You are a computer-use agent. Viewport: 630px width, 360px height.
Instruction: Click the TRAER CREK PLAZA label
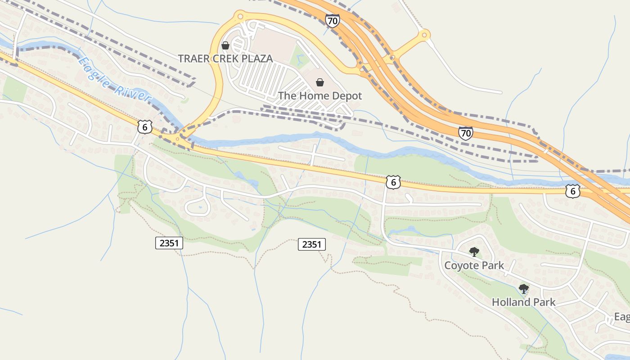[x=225, y=58]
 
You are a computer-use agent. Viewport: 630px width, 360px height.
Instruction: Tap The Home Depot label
[x=319, y=96]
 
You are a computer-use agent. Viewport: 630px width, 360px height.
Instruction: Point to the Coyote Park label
[x=474, y=265]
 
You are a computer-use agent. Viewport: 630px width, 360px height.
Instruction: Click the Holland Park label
[x=523, y=302]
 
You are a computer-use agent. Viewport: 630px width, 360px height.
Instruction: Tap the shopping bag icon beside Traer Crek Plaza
[x=225, y=45]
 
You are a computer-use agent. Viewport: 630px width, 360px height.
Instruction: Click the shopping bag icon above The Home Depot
[x=319, y=82]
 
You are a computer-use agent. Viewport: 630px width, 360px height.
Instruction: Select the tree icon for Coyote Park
[x=474, y=252]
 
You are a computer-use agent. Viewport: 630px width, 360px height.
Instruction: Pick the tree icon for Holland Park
[x=523, y=288]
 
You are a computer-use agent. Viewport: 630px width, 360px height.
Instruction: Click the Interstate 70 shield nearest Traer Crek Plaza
[x=332, y=20]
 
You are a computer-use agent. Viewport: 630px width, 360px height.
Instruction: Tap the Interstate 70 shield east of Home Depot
[x=466, y=133]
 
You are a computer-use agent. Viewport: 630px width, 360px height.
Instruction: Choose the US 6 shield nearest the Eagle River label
[x=144, y=126]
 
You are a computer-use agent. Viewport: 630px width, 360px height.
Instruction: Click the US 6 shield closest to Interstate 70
[x=572, y=191]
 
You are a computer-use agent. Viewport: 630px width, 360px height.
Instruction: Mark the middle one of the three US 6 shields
[x=393, y=182]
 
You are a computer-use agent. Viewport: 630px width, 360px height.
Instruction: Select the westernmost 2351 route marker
[x=170, y=243]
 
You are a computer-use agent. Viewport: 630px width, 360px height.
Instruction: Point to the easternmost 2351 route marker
[x=311, y=244]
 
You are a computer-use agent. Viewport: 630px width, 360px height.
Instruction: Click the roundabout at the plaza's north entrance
[x=240, y=17]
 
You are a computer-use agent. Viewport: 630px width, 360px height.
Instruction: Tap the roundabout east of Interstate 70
[x=423, y=34]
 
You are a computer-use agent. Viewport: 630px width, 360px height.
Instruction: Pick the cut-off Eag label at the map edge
[x=622, y=317]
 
